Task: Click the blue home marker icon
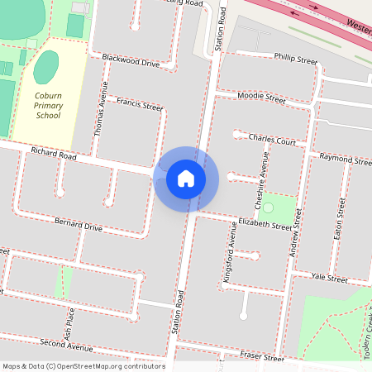[x=186, y=178]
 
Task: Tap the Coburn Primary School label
[x=48, y=105]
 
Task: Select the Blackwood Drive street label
[x=131, y=60]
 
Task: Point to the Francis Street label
[x=140, y=105]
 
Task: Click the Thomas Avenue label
[x=101, y=114]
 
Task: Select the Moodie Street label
[x=260, y=98]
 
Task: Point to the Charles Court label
[x=272, y=141]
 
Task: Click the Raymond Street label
[x=345, y=158]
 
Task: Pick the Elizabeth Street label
[x=265, y=222]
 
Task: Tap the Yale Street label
[x=330, y=279]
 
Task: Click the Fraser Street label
[x=263, y=357]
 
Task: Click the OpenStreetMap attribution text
[x=83, y=366]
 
